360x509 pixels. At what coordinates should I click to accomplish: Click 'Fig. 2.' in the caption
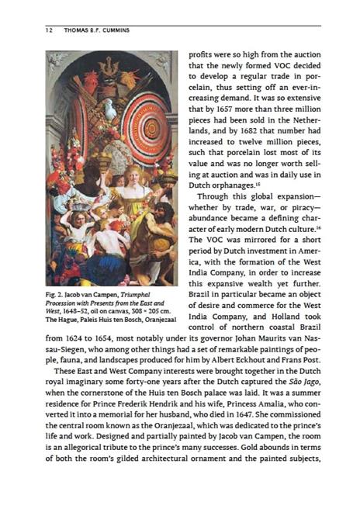click(x=54, y=295)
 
